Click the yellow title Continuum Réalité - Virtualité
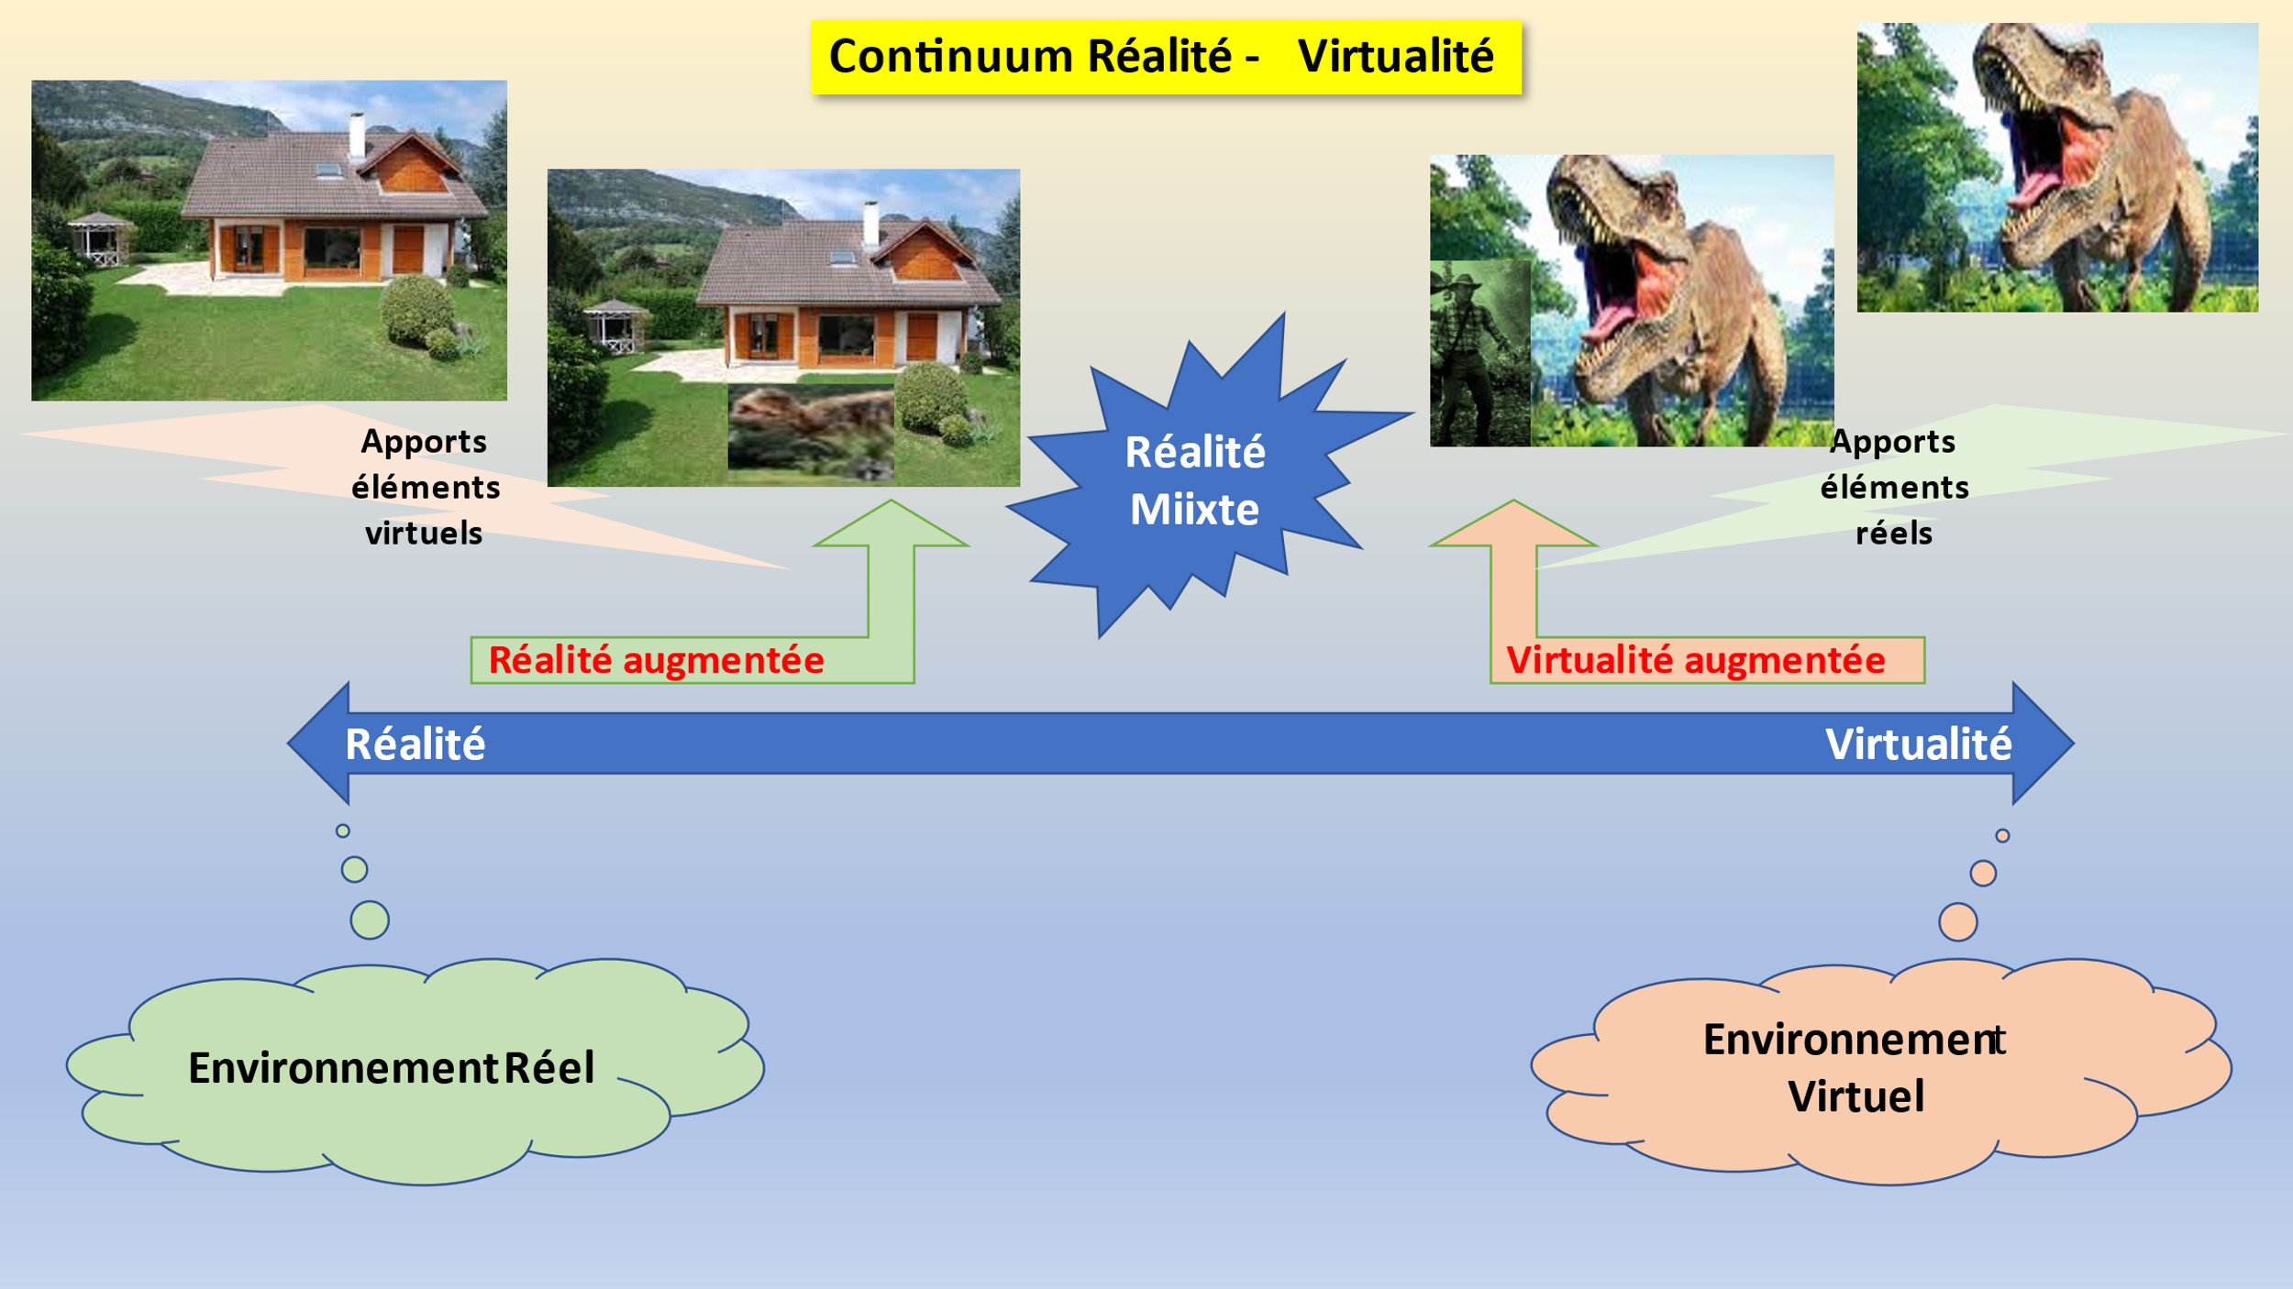(1166, 57)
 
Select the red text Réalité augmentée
(657, 660)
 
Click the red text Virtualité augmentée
(1696, 660)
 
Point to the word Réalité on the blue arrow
(415, 744)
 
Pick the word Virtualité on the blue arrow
(1919, 744)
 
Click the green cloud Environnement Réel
(415, 1071)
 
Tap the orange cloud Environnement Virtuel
(1881, 1071)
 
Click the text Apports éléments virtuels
(426, 487)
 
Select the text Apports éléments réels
(1895, 487)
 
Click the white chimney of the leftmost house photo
(357, 136)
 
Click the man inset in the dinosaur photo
(1480, 354)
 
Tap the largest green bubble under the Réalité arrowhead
(370, 920)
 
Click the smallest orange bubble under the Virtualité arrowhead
(2002, 835)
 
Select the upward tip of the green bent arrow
(891, 501)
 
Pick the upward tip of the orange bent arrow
(1513, 501)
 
